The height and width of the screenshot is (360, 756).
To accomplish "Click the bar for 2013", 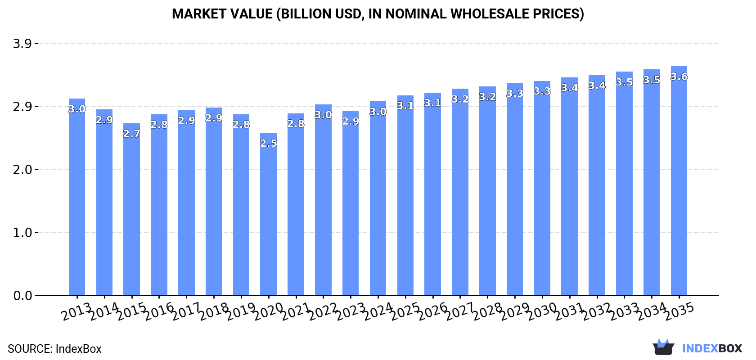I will tap(77, 198).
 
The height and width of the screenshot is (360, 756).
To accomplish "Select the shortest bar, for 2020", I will tap(268, 216).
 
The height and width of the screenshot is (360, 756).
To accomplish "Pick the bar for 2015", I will tap(131, 211).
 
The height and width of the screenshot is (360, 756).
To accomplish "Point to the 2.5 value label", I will tap(268, 143).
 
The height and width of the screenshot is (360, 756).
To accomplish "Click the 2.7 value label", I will tap(131, 134).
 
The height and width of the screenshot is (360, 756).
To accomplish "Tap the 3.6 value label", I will tap(679, 76).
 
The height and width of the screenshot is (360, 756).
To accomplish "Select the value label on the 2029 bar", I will tap(515, 93).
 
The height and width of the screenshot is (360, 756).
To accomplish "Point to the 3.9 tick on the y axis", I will tap(22, 44).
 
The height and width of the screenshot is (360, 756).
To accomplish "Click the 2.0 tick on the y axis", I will tap(22, 170).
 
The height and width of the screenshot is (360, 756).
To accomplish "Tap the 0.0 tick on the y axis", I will tap(22, 296).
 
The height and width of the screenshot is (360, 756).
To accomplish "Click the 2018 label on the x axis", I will tap(214, 311).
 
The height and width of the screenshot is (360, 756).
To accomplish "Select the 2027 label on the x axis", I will tap(460, 311).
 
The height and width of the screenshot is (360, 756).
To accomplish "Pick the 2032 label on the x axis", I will tap(597, 311).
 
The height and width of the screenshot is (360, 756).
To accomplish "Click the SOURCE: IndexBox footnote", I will tap(54, 349).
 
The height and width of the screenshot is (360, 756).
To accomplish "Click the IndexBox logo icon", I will tap(663, 347).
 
